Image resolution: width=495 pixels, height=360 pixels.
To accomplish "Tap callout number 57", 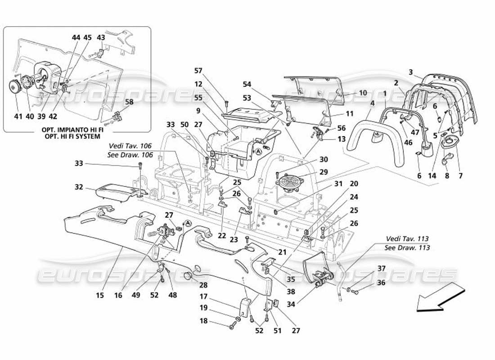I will point(198,71).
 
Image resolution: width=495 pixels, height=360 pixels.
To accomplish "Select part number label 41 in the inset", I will point(18,117).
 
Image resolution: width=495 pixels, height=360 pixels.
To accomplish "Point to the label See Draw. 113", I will point(407,247).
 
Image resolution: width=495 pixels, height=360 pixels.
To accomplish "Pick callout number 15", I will point(100,295).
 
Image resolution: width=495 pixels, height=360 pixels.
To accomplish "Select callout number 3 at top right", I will point(410,72).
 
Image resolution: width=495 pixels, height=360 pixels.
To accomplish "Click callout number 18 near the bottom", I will point(204,321).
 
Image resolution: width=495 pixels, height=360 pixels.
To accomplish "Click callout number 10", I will point(363,93).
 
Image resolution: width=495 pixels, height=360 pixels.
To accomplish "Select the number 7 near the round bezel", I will point(460,176).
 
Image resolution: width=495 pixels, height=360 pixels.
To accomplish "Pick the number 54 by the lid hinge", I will point(247,85).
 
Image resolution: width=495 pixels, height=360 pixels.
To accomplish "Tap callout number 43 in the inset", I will point(101,38).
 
